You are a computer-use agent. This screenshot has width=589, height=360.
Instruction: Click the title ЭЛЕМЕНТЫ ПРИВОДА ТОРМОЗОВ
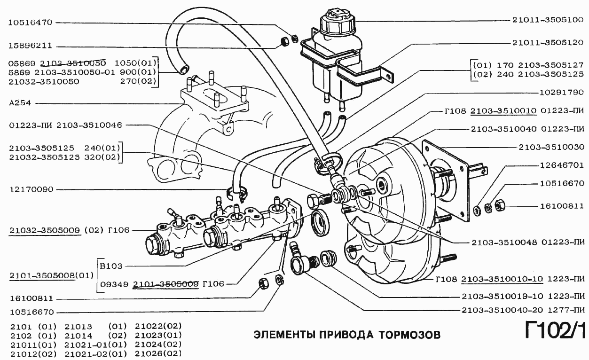(347, 335)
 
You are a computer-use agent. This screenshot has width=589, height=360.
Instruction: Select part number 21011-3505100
(548, 21)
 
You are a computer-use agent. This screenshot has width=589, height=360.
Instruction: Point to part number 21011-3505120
(548, 42)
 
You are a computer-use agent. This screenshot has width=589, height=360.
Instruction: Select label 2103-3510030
(551, 147)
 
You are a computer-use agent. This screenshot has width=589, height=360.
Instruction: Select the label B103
(111, 266)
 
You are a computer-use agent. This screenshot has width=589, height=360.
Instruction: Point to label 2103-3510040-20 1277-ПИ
(523, 310)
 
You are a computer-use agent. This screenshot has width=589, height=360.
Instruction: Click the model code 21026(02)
(158, 353)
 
